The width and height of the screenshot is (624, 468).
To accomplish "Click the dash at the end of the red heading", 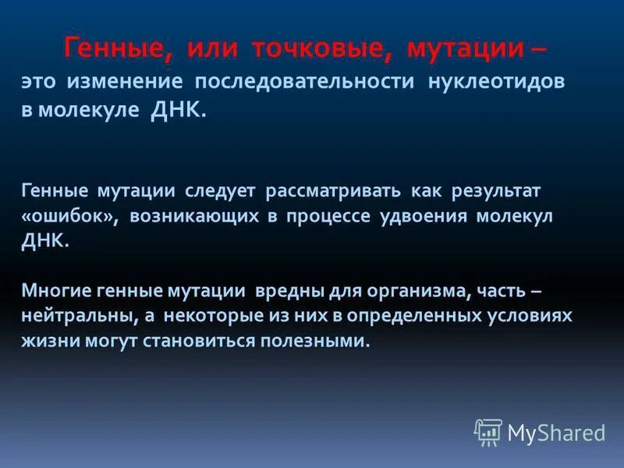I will (538, 49).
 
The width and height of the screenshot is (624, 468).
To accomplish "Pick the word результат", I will (490, 190).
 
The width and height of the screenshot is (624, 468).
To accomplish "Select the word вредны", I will (281, 291).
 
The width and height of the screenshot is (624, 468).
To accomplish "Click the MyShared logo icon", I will (487, 432).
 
